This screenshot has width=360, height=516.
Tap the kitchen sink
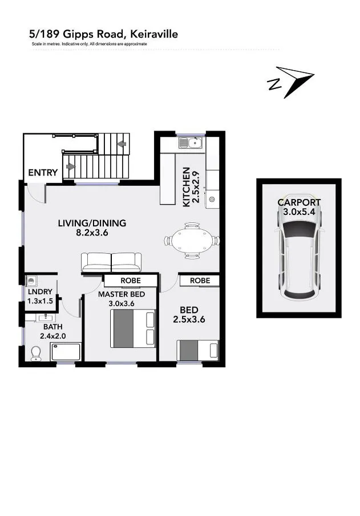tap(191, 143)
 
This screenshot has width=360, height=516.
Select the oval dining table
tap(192, 241)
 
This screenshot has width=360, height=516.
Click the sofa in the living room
tap(111, 262)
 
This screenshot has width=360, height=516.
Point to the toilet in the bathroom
tap(35, 353)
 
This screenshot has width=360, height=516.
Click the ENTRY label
tap(43, 172)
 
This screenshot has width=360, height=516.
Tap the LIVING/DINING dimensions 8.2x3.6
tap(92, 233)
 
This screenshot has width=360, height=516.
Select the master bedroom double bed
tap(133, 328)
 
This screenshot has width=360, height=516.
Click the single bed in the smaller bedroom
tap(197, 350)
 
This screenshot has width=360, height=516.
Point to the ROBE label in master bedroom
tap(131, 281)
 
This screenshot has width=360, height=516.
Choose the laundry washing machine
tap(31, 281)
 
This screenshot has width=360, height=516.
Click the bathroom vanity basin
tap(46, 318)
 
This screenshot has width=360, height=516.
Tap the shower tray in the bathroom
tap(66, 351)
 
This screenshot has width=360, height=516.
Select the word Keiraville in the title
tap(154, 34)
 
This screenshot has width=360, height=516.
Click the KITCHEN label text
tap(186, 187)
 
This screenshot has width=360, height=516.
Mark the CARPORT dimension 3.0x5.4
tap(299, 212)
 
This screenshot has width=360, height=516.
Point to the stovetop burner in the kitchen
tap(212, 199)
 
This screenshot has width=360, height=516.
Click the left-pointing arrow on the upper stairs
tap(122, 144)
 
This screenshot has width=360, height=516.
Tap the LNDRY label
tap(40, 291)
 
